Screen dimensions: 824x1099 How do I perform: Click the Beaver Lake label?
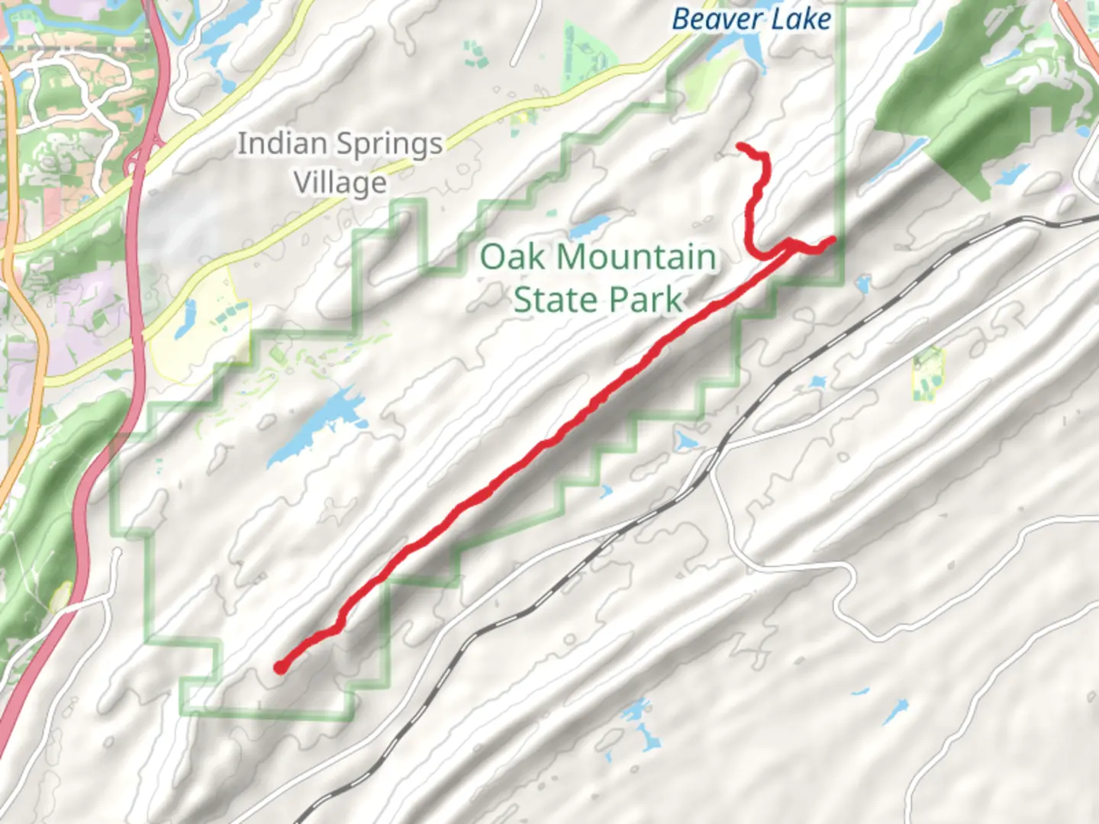pyautogui.click(x=751, y=18)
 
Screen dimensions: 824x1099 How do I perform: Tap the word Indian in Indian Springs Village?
pyautogui.click(x=282, y=143)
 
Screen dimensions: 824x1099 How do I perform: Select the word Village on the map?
pyautogui.click(x=340, y=183)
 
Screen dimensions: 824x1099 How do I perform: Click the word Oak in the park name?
pyautogui.click(x=512, y=257)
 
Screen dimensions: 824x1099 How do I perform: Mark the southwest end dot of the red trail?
pyautogui.click(x=281, y=668)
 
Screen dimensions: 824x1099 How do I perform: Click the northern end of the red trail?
pyautogui.click(x=740, y=145)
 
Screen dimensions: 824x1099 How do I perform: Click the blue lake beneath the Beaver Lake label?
pyautogui.click(x=744, y=50)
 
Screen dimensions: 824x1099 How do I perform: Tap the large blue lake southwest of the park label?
pyautogui.click(x=313, y=427)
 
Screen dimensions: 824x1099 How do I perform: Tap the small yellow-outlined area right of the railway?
pyautogui.click(x=927, y=374)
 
